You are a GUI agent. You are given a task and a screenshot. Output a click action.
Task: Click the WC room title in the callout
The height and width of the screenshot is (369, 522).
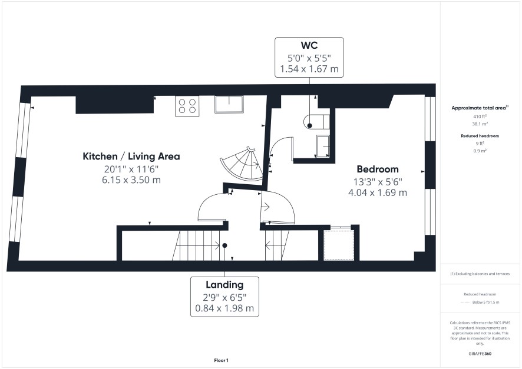[309, 45]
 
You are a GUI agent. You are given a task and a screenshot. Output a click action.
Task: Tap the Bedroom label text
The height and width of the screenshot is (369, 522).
[378, 169]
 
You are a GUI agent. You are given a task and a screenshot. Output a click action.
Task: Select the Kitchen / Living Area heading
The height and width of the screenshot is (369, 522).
[131, 156]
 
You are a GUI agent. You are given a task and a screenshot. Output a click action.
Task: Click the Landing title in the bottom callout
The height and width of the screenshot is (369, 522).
[224, 285]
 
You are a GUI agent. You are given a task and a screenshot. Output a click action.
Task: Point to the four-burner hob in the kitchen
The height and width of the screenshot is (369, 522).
[187, 106]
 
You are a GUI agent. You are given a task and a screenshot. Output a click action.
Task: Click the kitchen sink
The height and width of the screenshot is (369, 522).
[229, 104]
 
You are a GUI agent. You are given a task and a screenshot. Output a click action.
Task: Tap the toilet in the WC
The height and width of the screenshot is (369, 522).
[316, 121]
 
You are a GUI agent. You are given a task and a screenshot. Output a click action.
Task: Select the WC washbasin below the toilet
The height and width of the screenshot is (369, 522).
[323, 146]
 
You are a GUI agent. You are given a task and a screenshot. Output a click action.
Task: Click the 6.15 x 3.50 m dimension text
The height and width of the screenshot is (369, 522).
[131, 180]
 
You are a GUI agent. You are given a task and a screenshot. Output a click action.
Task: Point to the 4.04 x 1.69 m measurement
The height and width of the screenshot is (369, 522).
[378, 192]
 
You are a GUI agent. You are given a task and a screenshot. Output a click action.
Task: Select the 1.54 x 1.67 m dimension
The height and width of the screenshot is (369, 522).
[309, 69]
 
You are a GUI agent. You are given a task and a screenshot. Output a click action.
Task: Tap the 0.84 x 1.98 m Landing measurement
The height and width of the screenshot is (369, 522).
[224, 308]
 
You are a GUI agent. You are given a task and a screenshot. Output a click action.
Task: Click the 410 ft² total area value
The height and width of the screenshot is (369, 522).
[480, 117]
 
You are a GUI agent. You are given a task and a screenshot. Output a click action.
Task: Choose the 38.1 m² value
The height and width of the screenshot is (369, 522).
[480, 124]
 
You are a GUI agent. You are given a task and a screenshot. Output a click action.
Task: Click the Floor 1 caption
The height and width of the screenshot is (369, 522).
[221, 360]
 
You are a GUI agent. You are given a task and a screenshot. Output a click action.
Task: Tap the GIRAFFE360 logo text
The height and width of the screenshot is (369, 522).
[480, 353]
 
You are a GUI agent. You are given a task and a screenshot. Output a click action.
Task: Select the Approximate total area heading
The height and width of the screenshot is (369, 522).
[480, 108]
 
